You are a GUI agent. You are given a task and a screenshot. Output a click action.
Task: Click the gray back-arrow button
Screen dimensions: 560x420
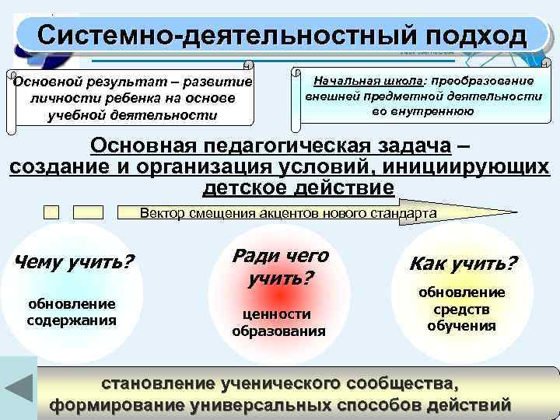click(17, 387)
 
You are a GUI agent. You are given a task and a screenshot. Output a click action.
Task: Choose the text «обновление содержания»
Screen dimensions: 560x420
click(72, 311)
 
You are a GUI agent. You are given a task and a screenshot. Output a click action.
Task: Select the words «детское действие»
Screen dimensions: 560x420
click(299, 187)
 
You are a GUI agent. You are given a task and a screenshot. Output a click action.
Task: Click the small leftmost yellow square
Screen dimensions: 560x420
click(52, 212)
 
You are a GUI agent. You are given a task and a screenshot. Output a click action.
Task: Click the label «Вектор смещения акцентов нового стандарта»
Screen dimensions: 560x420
click(288, 212)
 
